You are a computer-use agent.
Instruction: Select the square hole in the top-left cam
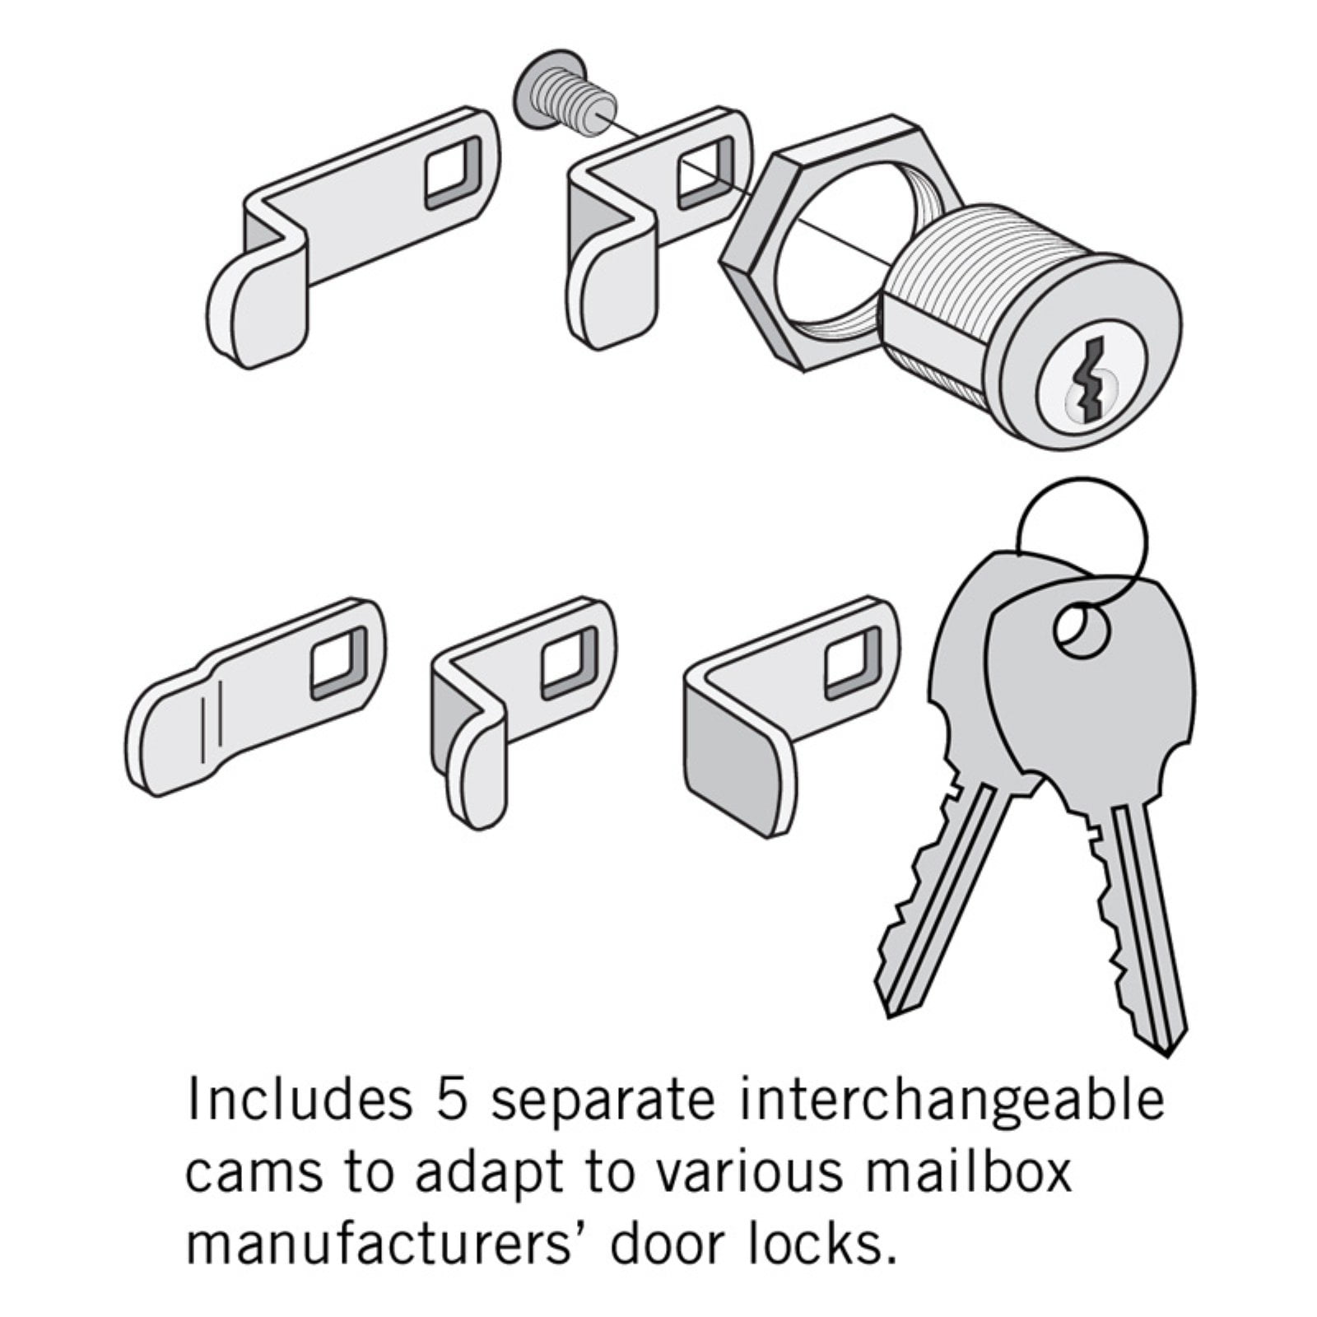tap(454, 172)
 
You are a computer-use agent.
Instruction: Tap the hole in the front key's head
tap(1082, 634)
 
